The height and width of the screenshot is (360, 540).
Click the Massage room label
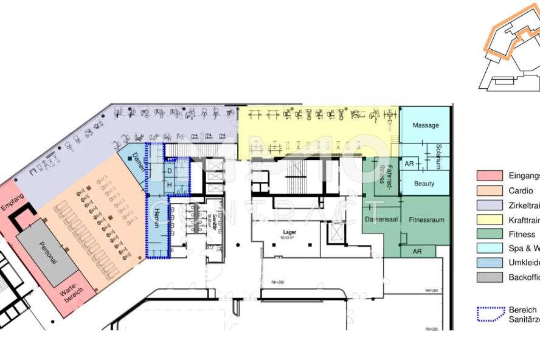(426, 125)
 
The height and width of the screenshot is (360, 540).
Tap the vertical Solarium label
(438, 156)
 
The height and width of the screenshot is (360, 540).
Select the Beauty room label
(424, 183)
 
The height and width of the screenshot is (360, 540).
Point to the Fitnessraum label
(426, 219)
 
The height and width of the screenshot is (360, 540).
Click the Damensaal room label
(381, 219)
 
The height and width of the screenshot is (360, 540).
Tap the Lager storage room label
(289, 232)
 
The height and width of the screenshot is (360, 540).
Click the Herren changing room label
(156, 217)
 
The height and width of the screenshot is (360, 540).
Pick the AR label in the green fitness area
(417, 251)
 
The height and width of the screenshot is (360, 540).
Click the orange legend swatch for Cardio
(489, 190)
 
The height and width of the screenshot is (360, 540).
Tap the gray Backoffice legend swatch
(489, 277)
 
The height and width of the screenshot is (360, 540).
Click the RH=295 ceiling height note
(431, 329)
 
